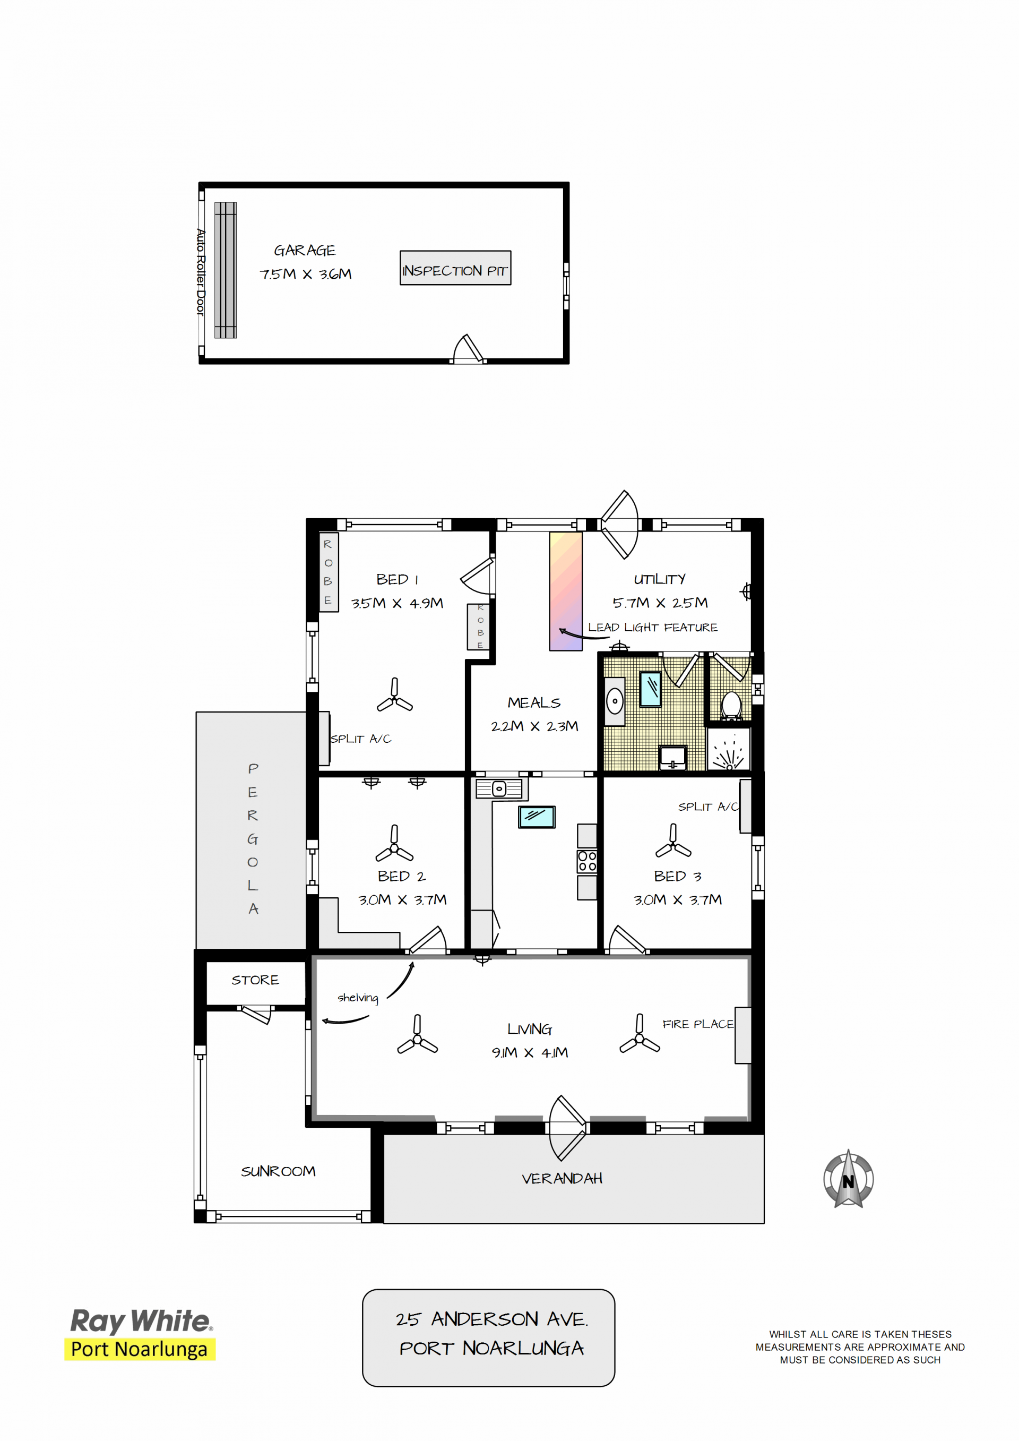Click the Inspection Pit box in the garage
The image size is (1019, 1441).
tap(455, 268)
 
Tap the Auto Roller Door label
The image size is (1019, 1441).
tap(200, 272)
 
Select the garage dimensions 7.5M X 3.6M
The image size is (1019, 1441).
tap(306, 275)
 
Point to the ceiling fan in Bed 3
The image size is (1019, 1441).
tap(673, 842)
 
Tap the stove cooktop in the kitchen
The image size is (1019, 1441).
tap(588, 861)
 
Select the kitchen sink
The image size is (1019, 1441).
tap(499, 788)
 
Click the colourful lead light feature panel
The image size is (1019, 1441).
tap(565, 591)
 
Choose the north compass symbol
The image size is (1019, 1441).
tap(848, 1179)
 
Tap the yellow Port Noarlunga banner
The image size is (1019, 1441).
tap(140, 1349)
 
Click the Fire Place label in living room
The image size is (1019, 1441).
tap(698, 1024)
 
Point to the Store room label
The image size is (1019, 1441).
tap(255, 980)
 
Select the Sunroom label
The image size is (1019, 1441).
tap(278, 1171)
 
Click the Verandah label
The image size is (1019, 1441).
tap(562, 1179)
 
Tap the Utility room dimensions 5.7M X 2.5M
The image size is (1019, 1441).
tap(660, 603)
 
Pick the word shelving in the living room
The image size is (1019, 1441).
tap(358, 998)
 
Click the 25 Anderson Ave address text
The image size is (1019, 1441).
tap(492, 1319)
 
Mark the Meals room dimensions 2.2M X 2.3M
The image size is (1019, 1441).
tap(534, 726)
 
